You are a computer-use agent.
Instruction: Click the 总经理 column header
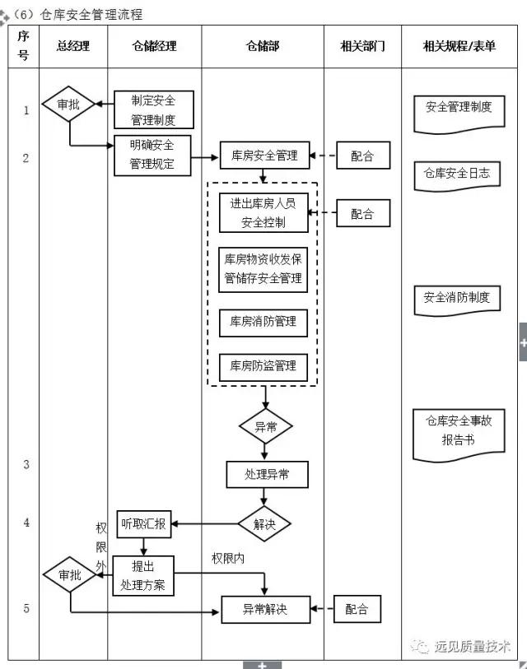coord(72,47)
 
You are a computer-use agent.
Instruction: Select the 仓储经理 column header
coord(154,47)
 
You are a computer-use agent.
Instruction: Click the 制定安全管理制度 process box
coord(153,110)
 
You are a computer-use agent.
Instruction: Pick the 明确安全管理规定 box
coord(152,155)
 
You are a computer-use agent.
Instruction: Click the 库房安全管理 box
coord(264,156)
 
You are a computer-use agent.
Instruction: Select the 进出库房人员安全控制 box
coord(263,213)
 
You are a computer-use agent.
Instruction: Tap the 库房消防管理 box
coord(263,322)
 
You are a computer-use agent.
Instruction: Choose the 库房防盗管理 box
coord(263,365)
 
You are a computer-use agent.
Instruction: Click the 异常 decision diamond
coord(265,427)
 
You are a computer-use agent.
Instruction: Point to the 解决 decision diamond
coord(264,524)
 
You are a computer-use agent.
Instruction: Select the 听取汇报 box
coord(144,523)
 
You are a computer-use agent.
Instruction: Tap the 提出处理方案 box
coord(143,576)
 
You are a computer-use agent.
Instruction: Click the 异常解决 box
coord(265,610)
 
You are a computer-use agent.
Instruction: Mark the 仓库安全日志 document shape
coord(457,174)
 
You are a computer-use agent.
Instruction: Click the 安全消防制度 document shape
coord(457,299)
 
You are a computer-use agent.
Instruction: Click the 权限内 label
coord(228,558)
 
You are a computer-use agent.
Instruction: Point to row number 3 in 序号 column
coord(26,464)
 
